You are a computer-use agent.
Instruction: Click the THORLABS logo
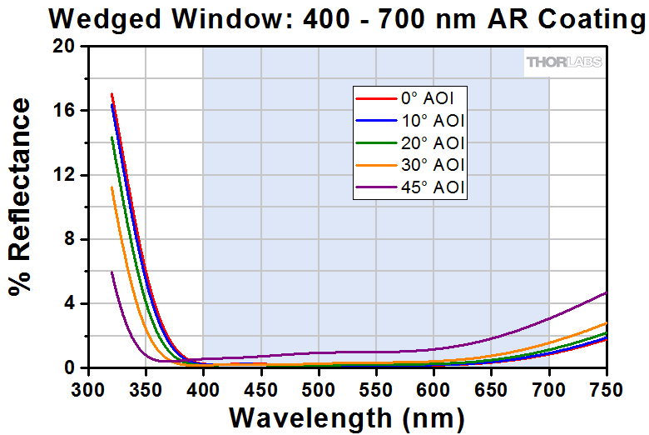point(563,62)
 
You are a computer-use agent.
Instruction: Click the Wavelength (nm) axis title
point(347,416)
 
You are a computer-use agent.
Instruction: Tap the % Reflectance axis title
point(20,197)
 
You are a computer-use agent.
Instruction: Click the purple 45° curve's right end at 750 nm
point(606,292)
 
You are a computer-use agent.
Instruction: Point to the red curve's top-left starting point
point(111,94)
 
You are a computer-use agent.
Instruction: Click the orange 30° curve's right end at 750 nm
point(606,323)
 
